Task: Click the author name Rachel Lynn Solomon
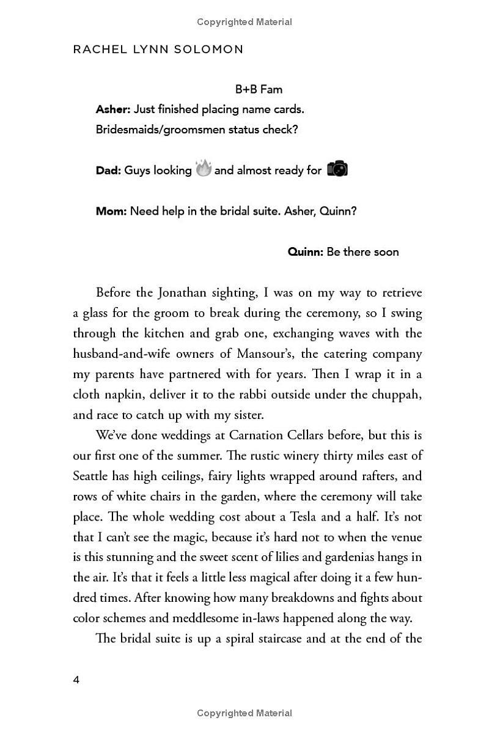158,50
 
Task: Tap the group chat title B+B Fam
259,89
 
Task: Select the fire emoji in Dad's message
204,168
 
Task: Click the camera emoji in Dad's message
337,169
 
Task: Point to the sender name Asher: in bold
113,109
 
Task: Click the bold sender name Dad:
108,171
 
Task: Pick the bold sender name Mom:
111,211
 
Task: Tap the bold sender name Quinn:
305,252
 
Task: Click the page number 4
76,680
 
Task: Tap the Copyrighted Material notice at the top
244,22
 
